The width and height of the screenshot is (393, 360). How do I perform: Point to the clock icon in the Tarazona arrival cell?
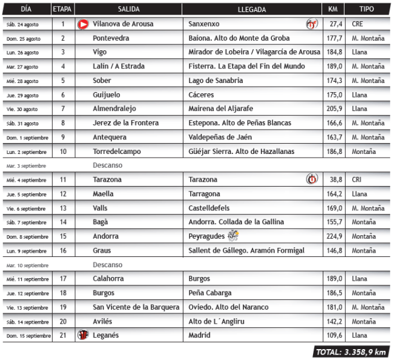pyautogui.click(x=312, y=179)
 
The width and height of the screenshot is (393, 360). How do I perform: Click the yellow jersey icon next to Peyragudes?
pyautogui.click(x=234, y=236)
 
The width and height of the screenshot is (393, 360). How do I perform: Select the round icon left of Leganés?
pyautogui.click(x=83, y=335)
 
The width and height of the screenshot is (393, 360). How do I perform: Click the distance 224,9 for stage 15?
pyautogui.click(x=335, y=236)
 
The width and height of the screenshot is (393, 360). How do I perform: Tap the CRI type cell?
pyautogui.click(x=357, y=180)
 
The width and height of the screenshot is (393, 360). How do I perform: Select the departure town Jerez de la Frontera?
pyautogui.click(x=126, y=123)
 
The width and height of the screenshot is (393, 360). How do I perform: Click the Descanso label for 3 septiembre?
pyautogui.click(x=107, y=165)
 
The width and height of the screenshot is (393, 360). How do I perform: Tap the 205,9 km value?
pyautogui.click(x=335, y=109)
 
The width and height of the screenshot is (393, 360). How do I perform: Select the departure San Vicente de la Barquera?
pyautogui.click(x=136, y=307)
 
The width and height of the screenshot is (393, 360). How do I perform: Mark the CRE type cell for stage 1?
pyautogui.click(x=358, y=24)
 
